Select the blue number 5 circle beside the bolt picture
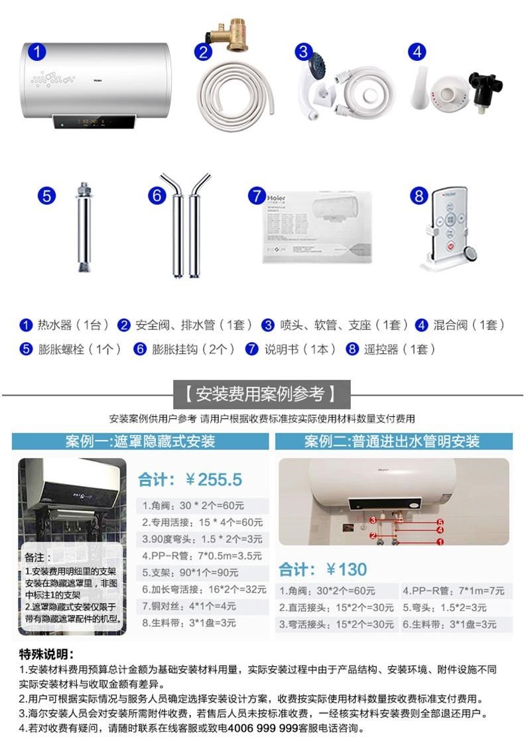pos(46,196)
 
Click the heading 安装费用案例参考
pos(262,394)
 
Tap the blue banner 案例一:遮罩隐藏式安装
pos(140,441)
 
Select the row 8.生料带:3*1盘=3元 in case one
pos(189,623)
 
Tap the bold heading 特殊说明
pos(46,654)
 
